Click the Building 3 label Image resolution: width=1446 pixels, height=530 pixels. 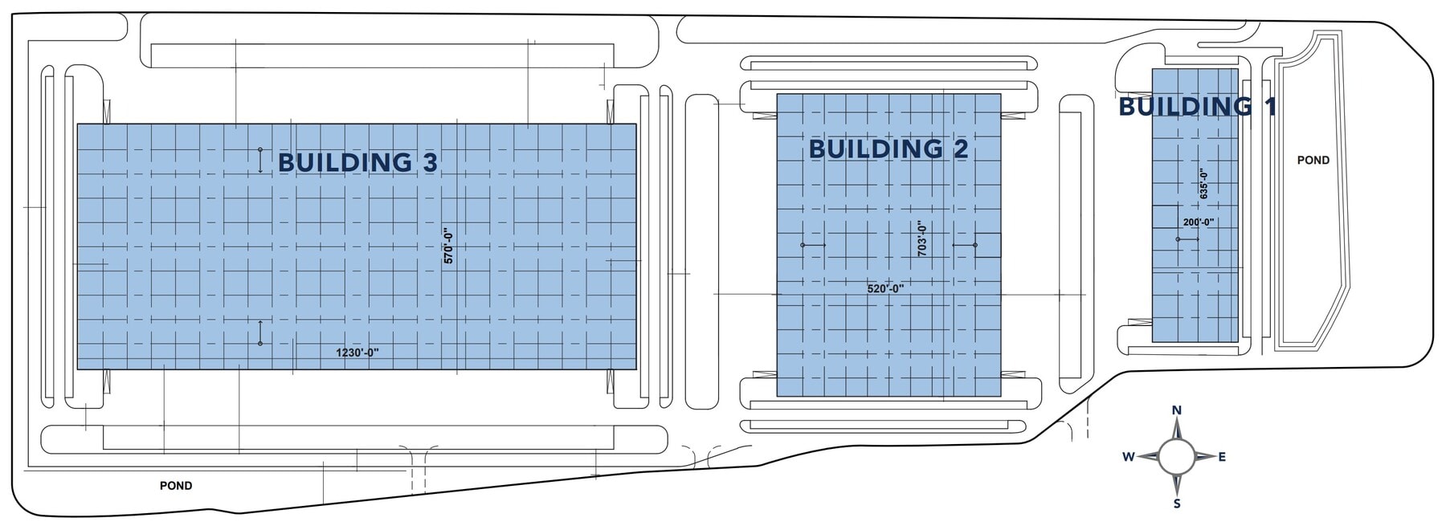pos(357,162)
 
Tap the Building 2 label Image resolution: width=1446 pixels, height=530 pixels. pos(888,149)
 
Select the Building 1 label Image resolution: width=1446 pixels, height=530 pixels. pos(1197,106)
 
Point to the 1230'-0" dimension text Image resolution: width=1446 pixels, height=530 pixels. pos(357,352)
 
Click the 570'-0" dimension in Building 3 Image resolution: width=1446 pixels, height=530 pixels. pos(449,247)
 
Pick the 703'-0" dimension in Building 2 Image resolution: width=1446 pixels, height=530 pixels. pos(922,239)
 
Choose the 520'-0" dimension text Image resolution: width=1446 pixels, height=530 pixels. pos(885,288)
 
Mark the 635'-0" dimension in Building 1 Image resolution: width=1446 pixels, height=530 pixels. pos(1203,184)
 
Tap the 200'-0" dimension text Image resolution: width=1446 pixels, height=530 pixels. pos(1198,222)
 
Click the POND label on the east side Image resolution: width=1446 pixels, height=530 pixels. pos(1313,161)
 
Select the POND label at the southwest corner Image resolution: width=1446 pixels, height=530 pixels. pos(176,486)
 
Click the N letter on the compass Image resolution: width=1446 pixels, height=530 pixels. pos(1177,410)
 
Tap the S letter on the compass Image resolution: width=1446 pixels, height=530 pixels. pos(1177,504)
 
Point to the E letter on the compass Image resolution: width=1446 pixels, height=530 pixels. pos(1222,457)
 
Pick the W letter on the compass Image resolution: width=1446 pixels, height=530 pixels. pos(1129,457)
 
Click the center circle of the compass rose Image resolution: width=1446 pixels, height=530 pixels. pos(1177,457)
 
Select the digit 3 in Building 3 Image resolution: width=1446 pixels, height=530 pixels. pos(430,162)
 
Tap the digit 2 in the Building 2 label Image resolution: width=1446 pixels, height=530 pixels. pos(960,149)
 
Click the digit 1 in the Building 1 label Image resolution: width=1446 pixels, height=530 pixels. pos(1271,106)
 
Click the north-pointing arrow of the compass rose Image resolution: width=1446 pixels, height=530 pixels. pos(1177,430)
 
